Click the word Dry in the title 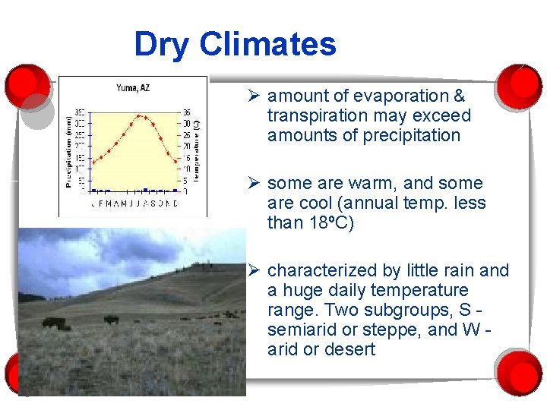163,45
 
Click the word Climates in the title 267,45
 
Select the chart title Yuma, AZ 133,88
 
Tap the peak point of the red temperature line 140,116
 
